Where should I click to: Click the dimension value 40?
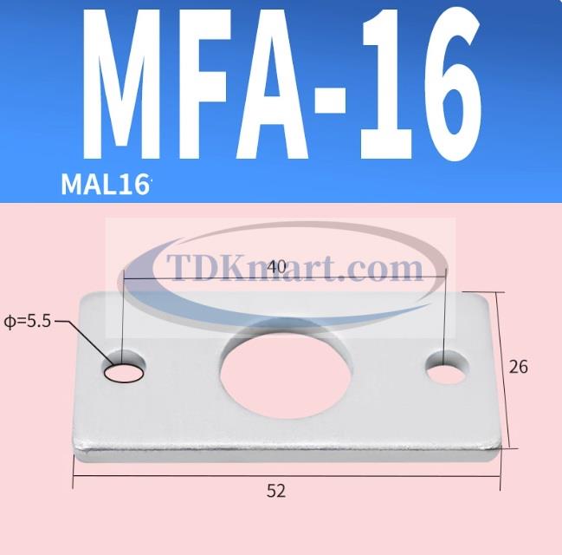tap(277, 267)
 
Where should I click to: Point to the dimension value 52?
tap(275, 491)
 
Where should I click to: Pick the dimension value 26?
tap(519, 367)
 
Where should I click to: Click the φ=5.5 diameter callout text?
tap(27, 320)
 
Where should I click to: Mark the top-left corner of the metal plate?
tap(83, 297)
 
